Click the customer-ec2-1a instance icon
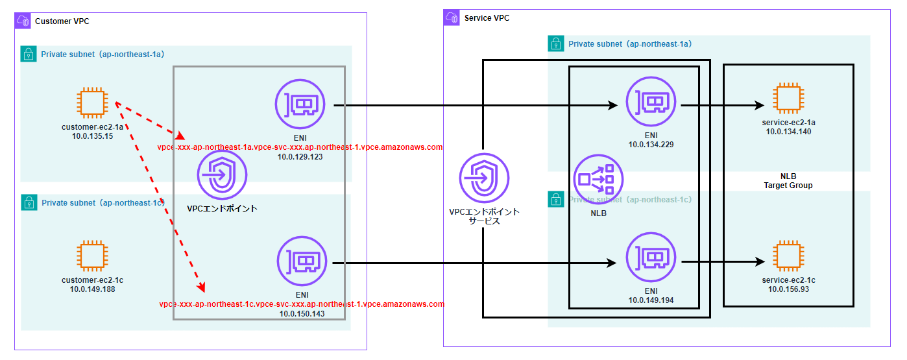tap(92, 102)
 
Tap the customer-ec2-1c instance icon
tap(92, 256)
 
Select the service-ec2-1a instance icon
tap(788, 99)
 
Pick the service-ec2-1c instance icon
tap(788, 256)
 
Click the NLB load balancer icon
tap(598, 180)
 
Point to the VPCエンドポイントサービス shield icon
tap(484, 178)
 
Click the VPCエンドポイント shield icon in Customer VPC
tap(222, 175)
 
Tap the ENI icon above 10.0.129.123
tap(300, 104)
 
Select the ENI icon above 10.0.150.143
tap(302, 261)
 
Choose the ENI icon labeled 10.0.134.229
tap(651, 101)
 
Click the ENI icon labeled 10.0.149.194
tap(651, 257)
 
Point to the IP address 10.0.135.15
tap(92, 136)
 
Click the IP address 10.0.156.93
tap(788, 289)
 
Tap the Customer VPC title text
tap(62, 21)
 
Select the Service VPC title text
tap(487, 18)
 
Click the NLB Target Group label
tap(788, 181)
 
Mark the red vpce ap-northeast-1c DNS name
tap(302, 304)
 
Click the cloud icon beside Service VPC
tap(452, 18)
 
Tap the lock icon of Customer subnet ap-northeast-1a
tap(29, 54)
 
